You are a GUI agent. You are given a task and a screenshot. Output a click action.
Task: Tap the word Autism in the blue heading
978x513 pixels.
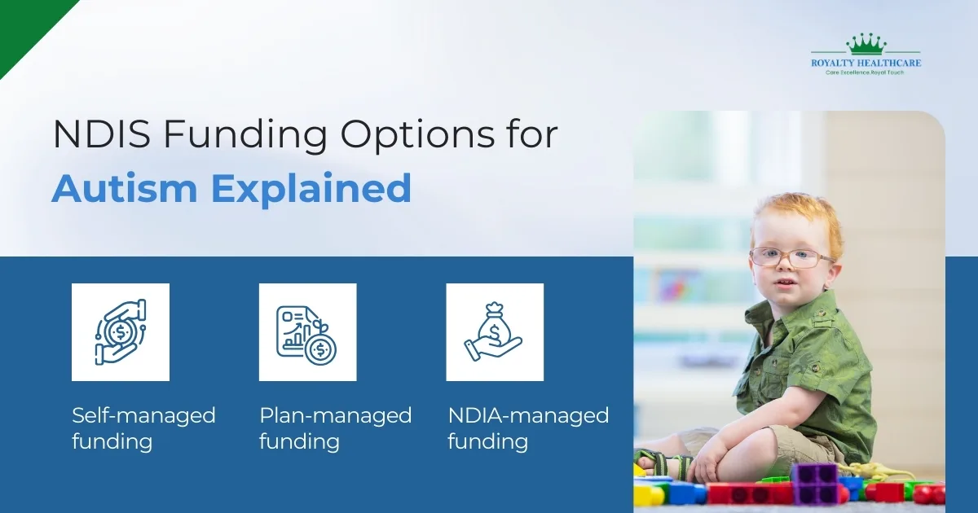[124, 190]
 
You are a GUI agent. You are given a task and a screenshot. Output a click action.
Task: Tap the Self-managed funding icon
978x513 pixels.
[121, 332]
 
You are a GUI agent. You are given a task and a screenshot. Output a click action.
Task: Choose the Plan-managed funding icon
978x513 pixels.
[307, 332]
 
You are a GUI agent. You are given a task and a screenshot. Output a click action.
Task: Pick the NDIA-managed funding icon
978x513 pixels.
[495, 332]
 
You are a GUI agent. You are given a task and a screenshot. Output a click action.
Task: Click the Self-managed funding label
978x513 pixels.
[143, 428]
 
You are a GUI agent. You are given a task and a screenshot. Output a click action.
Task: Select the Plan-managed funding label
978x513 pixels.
[335, 428]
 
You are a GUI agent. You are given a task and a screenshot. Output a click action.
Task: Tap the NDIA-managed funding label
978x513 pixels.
[528, 428]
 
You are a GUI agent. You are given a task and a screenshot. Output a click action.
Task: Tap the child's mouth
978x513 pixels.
[785, 286]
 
